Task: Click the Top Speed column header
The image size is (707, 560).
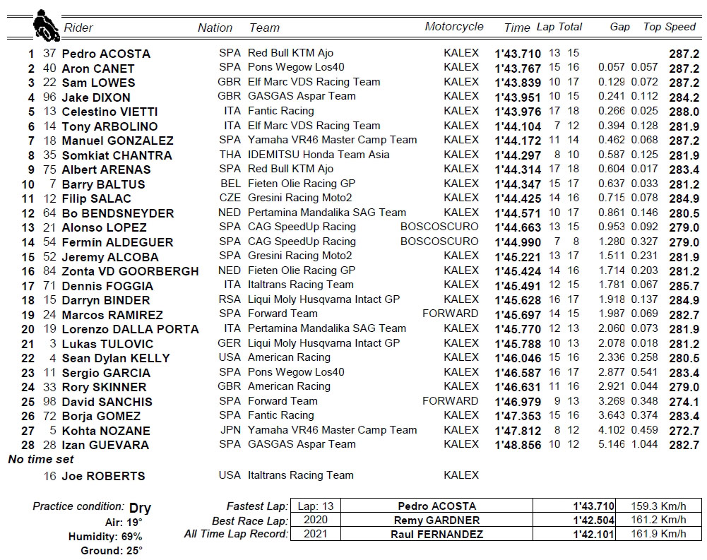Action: pyautogui.click(x=669, y=27)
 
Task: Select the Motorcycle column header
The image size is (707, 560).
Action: pyautogui.click(x=453, y=27)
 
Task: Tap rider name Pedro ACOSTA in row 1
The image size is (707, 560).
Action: pyautogui.click(x=106, y=54)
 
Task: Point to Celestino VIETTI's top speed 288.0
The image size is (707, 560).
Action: pyautogui.click(x=684, y=112)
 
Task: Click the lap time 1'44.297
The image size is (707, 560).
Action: pyautogui.click(x=518, y=155)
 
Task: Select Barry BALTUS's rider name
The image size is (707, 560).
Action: pyautogui.click(x=103, y=184)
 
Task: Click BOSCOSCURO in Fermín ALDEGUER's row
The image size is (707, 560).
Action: pyautogui.click(x=439, y=242)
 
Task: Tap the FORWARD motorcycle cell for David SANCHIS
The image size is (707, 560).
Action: pyautogui.click(x=450, y=401)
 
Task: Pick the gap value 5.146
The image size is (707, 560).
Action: pyautogui.click(x=611, y=445)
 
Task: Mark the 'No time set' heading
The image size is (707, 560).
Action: pyautogui.click(x=41, y=460)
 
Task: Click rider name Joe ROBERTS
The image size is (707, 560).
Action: pyautogui.click(x=103, y=476)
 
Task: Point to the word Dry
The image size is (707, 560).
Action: pyautogui.click(x=140, y=508)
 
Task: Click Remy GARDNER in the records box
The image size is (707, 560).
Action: pyautogui.click(x=436, y=520)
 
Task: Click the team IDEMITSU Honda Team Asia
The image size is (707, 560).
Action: pyautogui.click(x=319, y=155)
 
